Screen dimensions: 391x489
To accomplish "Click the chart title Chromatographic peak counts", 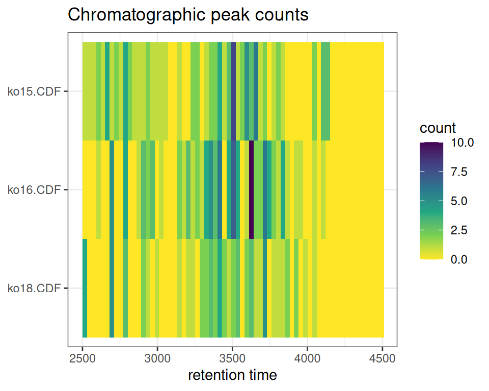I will pyautogui.click(x=188, y=15).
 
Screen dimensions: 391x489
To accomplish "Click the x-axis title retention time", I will pyautogui.click(x=232, y=376).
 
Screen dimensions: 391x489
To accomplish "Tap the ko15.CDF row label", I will pyautogui.click(x=34, y=92).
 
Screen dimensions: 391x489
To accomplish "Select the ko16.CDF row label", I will pyautogui.click(x=34, y=190).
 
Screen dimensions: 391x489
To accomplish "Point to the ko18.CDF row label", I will pyautogui.click(x=34, y=289).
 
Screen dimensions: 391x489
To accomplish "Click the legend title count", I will pyautogui.click(x=438, y=127).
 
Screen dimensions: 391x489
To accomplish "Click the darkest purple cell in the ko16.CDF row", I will pyautogui.click(x=251, y=189).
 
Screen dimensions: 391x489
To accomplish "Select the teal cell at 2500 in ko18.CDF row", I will pyautogui.click(x=85, y=288).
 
